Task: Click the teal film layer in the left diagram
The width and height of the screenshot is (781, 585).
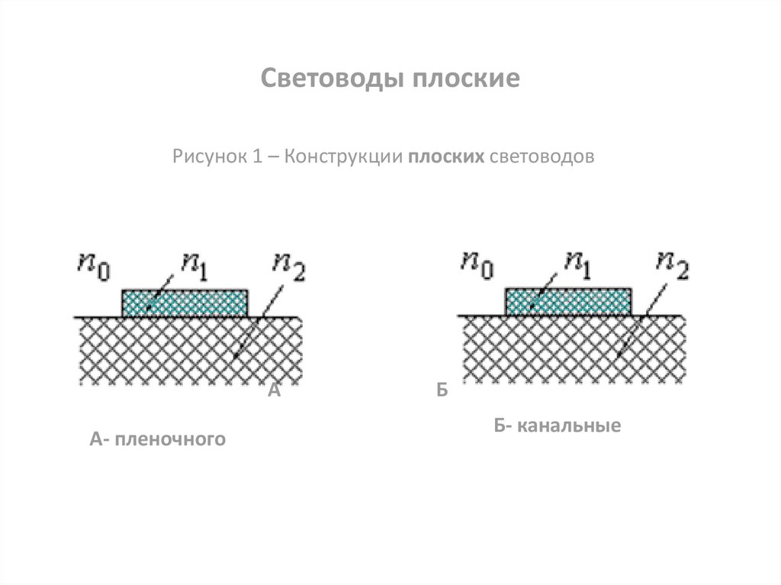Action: click(185, 303)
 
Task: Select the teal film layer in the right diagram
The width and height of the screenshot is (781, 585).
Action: click(569, 302)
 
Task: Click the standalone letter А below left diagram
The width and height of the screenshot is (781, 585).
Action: click(275, 392)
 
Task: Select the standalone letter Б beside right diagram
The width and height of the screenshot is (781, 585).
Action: click(441, 392)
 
